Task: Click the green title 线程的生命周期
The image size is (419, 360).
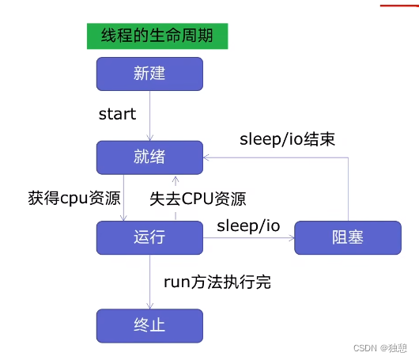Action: coord(152,36)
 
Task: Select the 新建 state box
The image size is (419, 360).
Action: coord(149,74)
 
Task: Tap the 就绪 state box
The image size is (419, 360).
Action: coord(149,157)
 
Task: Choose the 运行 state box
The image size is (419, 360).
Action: coord(149,237)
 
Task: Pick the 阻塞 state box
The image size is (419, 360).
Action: coord(347,237)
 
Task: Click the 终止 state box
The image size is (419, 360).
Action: coord(149,325)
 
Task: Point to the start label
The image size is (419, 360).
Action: coord(117,115)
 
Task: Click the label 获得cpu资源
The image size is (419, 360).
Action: coord(73,198)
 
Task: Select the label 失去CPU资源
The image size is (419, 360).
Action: coord(198,198)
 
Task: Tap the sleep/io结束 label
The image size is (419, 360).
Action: coord(287,140)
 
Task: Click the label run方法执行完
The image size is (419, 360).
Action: coord(217,281)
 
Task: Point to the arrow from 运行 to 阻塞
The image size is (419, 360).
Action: coord(248,237)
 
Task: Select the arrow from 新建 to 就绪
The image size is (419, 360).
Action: coord(149,116)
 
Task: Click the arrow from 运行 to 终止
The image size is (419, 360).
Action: coord(149,281)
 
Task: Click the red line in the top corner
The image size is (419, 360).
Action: coord(398,5)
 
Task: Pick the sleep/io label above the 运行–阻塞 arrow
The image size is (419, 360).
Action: coord(248,225)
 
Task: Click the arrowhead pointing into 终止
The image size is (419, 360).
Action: coord(149,306)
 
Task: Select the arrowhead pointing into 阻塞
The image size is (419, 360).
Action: coord(290,237)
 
